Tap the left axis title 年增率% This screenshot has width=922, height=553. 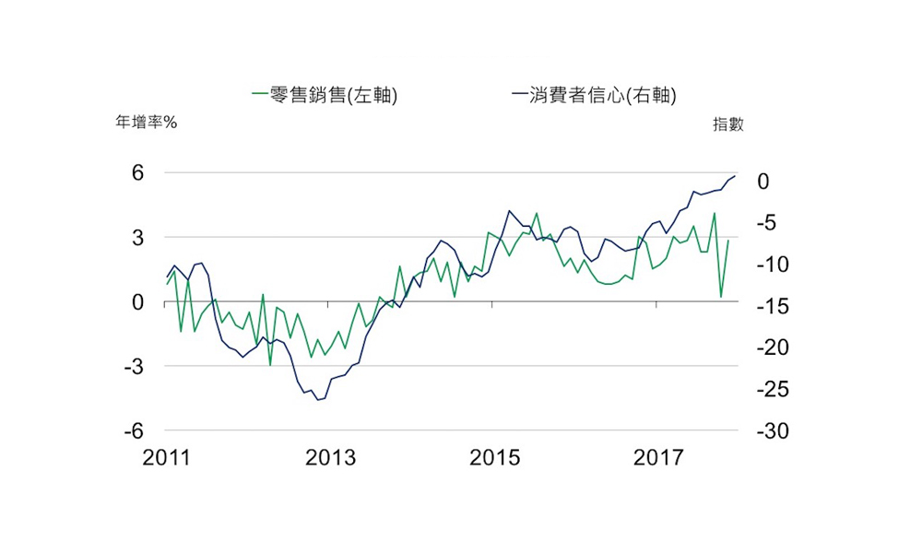146,123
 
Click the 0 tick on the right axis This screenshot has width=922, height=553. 762,182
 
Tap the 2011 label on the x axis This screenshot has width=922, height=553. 167,457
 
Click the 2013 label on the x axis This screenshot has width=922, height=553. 331,457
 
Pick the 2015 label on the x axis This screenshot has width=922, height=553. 495,457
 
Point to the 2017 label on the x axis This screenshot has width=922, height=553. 658,457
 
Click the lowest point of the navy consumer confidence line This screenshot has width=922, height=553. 318,400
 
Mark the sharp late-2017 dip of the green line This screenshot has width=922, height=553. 721,297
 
